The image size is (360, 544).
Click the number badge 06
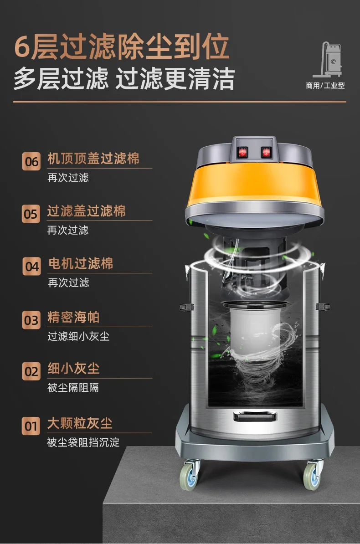tap(31, 161)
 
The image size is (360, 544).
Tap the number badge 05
tap(31, 214)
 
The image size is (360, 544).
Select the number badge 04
tap(31, 267)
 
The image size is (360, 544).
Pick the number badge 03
tap(31, 320)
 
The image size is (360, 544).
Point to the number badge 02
tap(31, 371)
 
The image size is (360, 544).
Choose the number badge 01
tap(31, 426)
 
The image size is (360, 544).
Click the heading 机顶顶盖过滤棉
tap(93, 159)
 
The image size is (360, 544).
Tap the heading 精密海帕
tap(74, 317)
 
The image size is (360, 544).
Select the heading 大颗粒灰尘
tap(80, 423)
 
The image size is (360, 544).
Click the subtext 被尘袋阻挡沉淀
tap(83, 442)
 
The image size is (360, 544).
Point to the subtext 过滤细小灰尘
tap(78, 336)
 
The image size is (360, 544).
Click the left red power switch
tap(243, 152)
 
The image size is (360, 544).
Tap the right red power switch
tap(266, 152)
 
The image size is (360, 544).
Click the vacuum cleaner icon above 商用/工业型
tap(327, 59)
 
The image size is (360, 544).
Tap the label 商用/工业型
tap(325, 85)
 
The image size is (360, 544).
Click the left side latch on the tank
tap(187, 307)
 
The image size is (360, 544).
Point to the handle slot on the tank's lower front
tap(255, 416)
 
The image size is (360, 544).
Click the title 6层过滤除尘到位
tap(122, 47)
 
